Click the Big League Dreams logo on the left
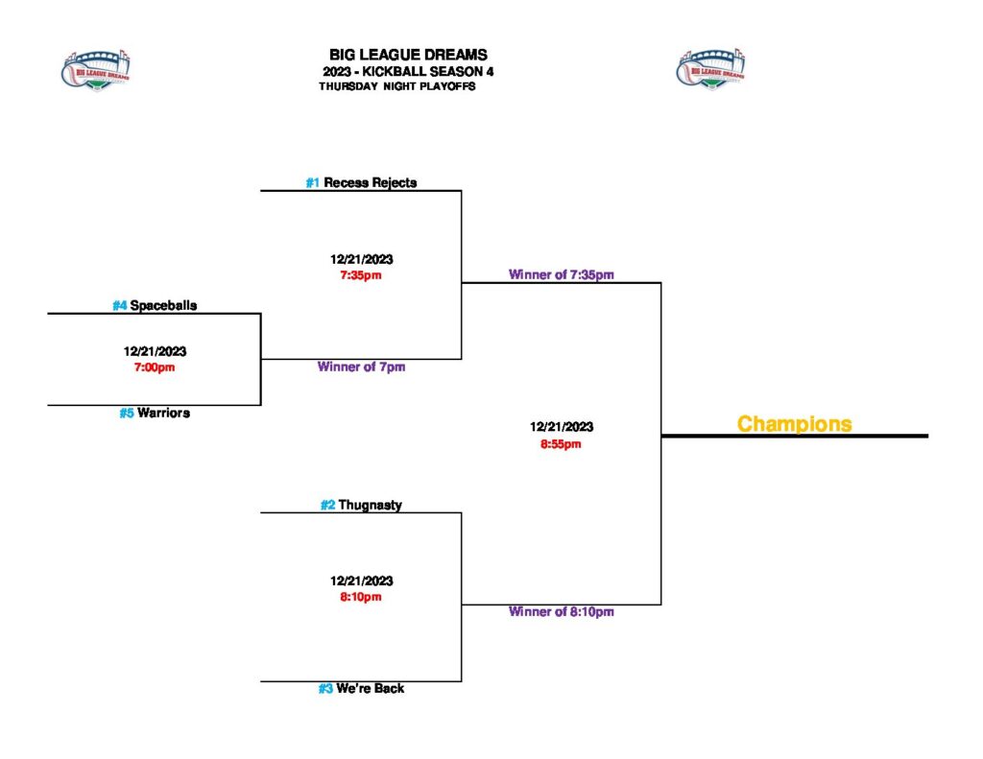tap(96, 69)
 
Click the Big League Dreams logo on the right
tap(711, 69)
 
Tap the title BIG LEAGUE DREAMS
tap(408, 55)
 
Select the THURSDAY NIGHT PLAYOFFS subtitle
tap(396, 85)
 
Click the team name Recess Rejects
tap(370, 182)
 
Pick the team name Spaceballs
tap(170, 305)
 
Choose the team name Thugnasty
tap(370, 505)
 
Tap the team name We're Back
tap(370, 688)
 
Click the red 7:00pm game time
tap(155, 367)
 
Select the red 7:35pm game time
tap(362, 275)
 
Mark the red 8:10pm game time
tap(362, 597)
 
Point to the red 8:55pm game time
tap(562, 443)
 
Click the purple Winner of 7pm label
tap(361, 367)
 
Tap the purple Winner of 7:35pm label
tap(562, 274)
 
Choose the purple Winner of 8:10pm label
tap(562, 611)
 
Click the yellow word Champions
tap(794, 423)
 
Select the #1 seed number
tap(313, 182)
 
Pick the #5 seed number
tap(127, 414)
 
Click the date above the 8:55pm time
tap(562, 427)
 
